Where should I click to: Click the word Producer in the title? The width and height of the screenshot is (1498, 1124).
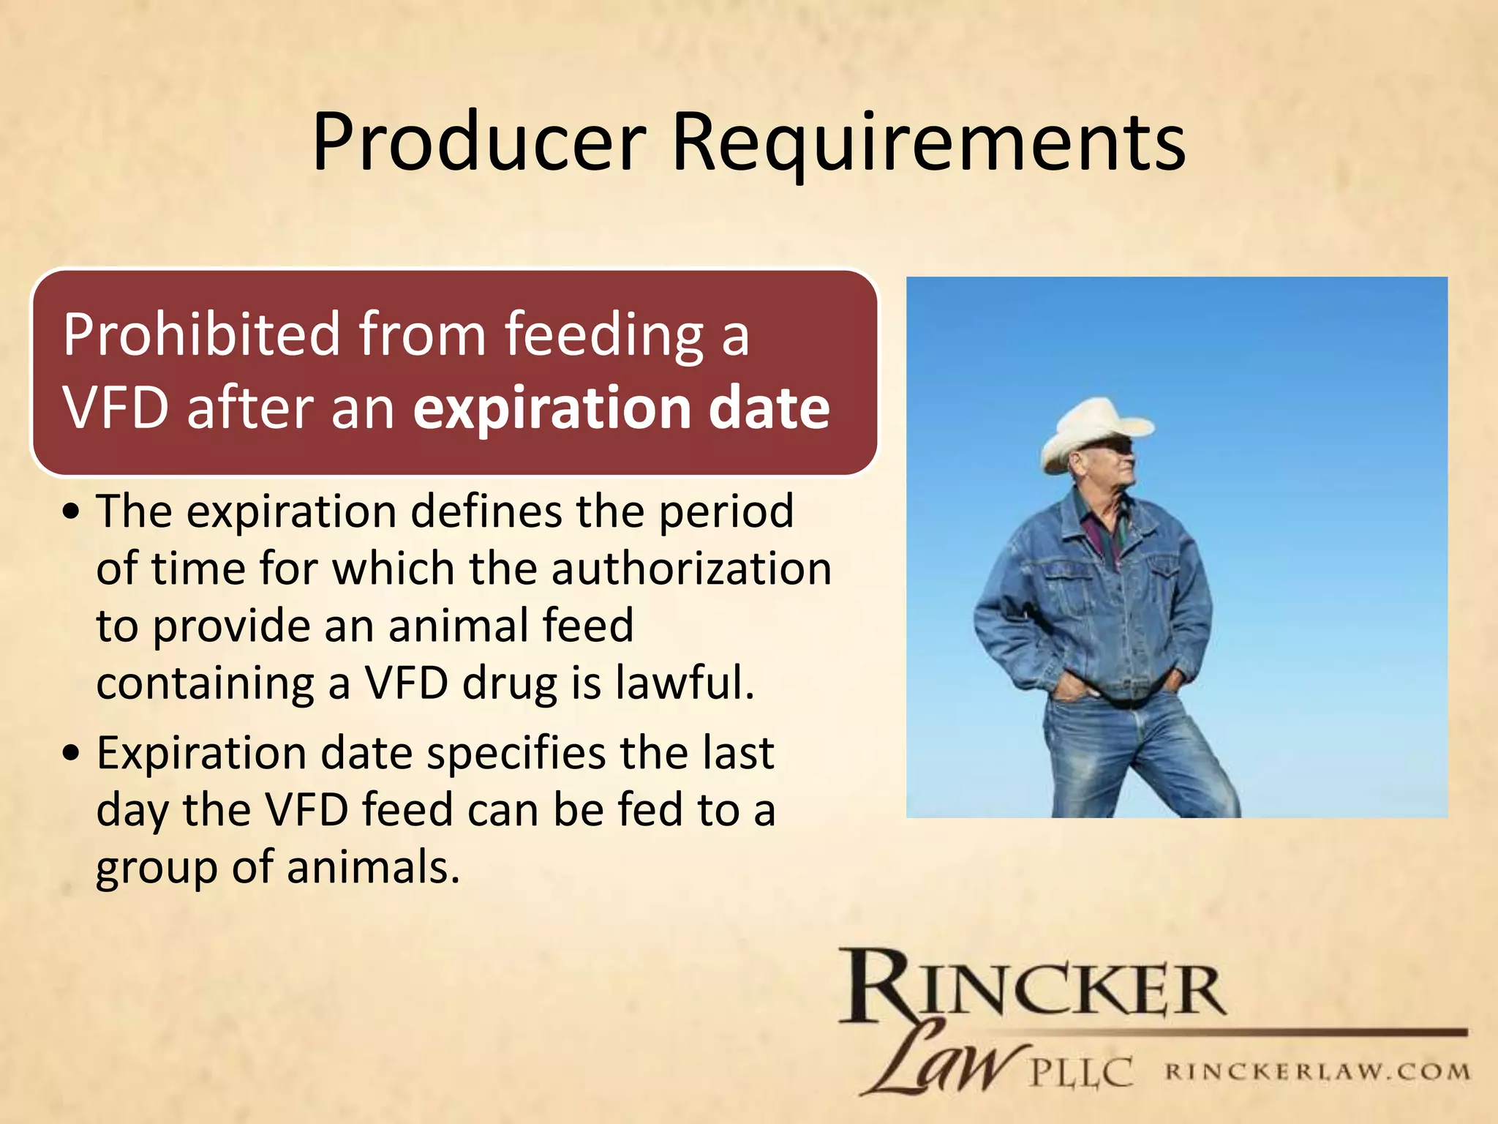pos(479,143)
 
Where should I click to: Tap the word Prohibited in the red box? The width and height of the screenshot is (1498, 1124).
pos(202,335)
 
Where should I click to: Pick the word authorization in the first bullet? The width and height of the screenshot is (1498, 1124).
pos(691,569)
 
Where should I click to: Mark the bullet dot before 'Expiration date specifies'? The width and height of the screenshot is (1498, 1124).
pos(71,754)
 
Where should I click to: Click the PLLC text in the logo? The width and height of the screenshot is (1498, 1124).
pos(1081,1073)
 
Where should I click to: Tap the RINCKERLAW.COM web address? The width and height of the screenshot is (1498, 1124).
pos(1317,1072)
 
